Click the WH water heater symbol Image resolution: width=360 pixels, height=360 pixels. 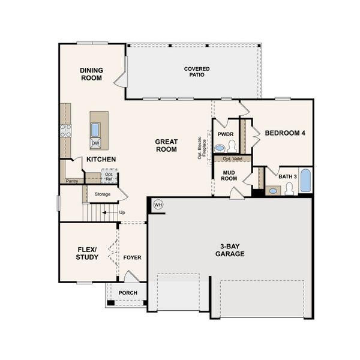click(158, 205)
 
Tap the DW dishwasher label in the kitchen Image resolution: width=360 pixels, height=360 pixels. click(95, 143)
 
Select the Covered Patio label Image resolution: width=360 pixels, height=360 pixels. click(197, 73)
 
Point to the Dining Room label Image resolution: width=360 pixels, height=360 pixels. click(92, 74)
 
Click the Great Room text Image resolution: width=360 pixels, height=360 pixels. click(166, 145)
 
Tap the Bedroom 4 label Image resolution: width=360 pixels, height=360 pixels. click(286, 133)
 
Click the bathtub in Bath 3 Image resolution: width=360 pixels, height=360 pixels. click(305, 181)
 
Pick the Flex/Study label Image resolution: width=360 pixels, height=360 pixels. click(88, 253)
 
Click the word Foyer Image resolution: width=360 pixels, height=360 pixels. click(132, 257)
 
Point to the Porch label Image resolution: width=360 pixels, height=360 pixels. click(128, 293)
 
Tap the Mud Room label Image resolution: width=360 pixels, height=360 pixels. click(229, 175)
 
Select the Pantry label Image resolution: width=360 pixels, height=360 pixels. click(72, 181)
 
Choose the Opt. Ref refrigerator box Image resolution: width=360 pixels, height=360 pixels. click(109, 177)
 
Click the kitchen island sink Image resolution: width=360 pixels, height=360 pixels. click(95, 129)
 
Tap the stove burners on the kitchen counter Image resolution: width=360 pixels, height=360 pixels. click(65, 130)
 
